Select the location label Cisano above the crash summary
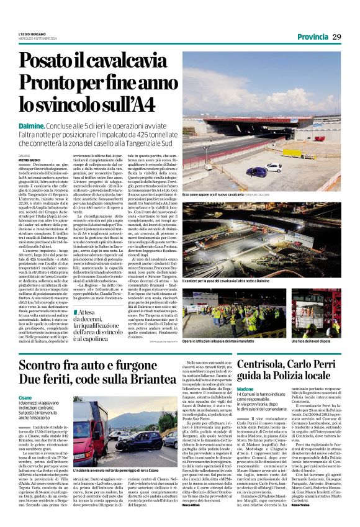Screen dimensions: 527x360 (x=43, y=397)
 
